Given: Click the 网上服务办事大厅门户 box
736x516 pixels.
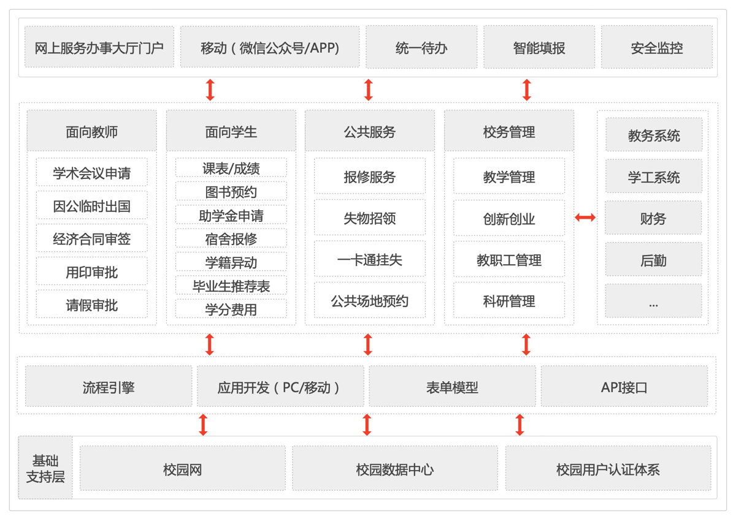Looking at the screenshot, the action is click(99, 47).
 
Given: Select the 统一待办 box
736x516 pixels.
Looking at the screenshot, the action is click(421, 47).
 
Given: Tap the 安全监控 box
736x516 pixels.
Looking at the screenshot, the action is click(656, 47).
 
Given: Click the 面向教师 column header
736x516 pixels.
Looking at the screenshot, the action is click(91, 131).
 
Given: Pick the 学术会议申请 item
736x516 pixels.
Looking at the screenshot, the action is click(91, 172).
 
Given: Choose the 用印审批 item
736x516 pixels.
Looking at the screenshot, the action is click(91, 271).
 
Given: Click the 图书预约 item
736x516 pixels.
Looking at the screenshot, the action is click(231, 191).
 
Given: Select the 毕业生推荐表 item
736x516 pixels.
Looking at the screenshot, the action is click(231, 286).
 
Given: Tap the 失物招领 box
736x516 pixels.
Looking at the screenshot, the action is click(370, 218).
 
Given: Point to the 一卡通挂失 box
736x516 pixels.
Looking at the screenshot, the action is click(370, 259).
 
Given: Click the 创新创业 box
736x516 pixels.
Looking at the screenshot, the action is click(509, 218).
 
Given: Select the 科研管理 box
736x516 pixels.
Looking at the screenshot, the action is click(509, 300).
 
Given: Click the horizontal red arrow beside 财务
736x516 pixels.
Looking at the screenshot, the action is click(585, 218).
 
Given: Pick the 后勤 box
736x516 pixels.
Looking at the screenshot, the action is click(653, 260).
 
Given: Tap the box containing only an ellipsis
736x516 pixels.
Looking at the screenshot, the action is click(653, 301).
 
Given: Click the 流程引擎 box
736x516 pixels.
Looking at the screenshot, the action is click(109, 387).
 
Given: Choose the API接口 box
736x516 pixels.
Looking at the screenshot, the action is click(624, 387).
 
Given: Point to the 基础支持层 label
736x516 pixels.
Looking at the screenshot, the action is click(45, 468).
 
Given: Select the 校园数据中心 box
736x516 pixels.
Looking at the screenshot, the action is click(394, 468).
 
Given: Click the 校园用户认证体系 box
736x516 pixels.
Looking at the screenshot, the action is click(608, 468).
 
